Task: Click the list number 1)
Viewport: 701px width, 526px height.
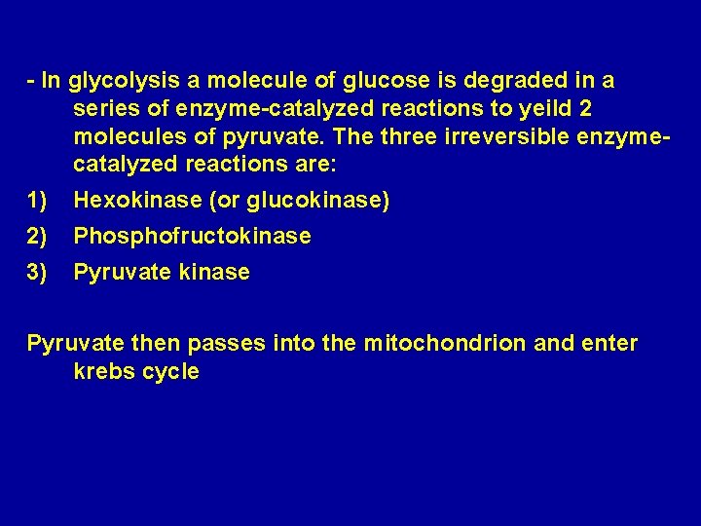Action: coord(38,201)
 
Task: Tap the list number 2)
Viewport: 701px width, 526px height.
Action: coord(38,236)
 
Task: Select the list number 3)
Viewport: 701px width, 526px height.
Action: coord(38,272)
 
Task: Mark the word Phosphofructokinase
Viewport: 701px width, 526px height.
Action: coord(192,236)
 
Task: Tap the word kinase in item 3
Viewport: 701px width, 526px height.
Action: coord(213,272)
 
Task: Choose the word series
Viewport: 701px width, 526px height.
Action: coord(105,108)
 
